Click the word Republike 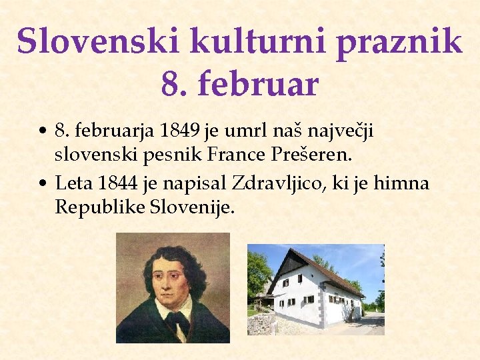tap(99, 207)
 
